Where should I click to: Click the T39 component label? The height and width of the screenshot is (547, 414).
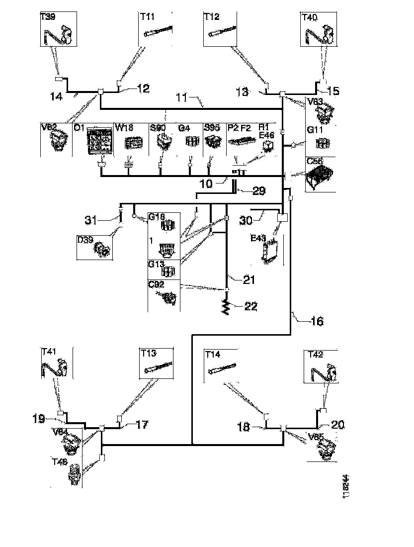[x=47, y=17]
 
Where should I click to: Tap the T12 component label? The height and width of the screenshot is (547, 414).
[x=211, y=17]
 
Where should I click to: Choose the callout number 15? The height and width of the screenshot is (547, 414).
[x=333, y=91]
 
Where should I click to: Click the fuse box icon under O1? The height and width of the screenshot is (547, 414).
[x=101, y=141]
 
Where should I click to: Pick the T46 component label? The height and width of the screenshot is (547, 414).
[x=60, y=461]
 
